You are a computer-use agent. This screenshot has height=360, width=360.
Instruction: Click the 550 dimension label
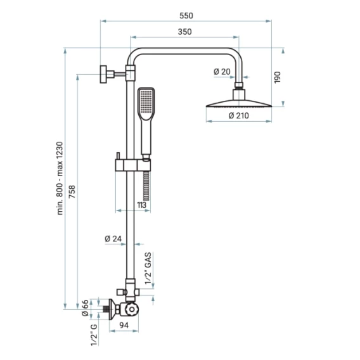point(186,16)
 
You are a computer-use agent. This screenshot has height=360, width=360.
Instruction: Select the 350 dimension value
point(185,32)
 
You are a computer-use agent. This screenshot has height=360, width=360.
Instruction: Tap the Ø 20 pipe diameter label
point(222,72)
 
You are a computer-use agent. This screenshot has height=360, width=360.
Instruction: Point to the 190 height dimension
point(278,77)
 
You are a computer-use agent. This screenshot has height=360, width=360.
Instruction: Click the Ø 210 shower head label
point(239,115)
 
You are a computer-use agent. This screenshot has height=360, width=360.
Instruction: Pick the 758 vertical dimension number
point(72,191)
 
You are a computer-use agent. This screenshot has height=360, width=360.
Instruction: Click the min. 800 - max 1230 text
point(60,178)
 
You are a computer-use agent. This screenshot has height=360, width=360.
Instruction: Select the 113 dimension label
point(141,205)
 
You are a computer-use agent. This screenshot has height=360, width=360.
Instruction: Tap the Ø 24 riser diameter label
point(113,239)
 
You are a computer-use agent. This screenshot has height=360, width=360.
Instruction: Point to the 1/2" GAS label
point(148,268)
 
